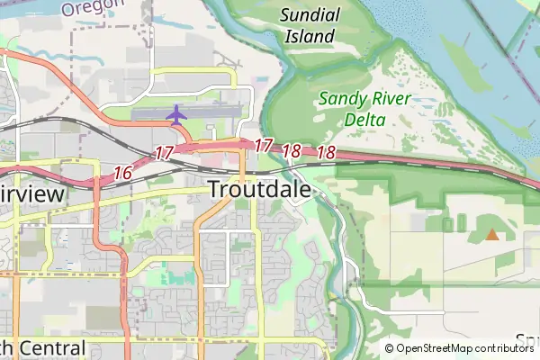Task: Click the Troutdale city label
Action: click(x=259, y=190)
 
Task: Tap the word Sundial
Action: click(x=310, y=14)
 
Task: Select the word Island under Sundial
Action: click(x=310, y=37)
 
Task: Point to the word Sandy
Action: click(x=339, y=99)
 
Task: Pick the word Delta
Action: click(x=364, y=120)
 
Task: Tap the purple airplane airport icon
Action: click(x=176, y=114)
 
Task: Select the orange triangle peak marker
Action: click(x=491, y=235)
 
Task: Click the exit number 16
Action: click(x=124, y=172)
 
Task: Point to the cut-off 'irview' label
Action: click(x=32, y=194)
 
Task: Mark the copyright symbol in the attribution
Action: click(x=389, y=348)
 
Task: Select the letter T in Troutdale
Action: click(x=216, y=190)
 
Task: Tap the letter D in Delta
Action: click(x=348, y=120)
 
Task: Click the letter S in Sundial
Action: click(x=284, y=14)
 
